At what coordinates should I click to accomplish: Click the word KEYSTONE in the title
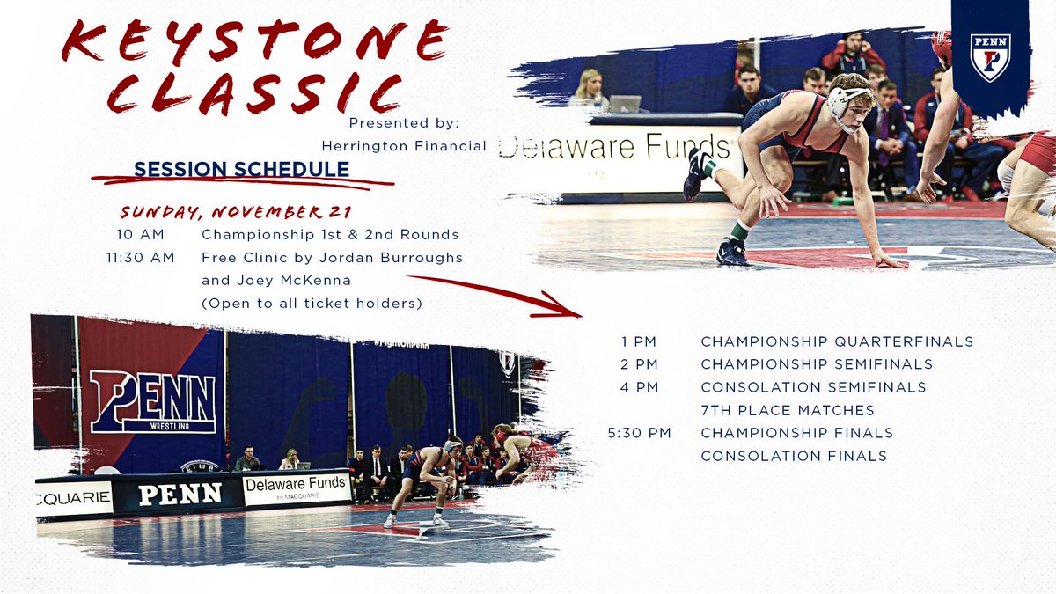(x=255, y=41)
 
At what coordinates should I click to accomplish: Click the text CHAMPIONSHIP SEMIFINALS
(x=816, y=364)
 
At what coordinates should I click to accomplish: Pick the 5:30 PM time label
(x=639, y=433)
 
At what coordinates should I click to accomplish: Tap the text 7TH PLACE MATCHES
(x=787, y=410)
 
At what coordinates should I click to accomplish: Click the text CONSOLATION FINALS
(x=793, y=456)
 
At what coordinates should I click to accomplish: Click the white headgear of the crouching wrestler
(x=847, y=99)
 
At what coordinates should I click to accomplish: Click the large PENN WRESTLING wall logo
(x=152, y=400)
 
